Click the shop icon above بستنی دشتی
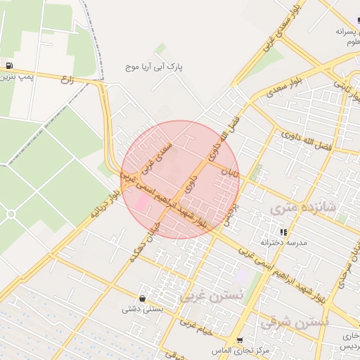(143, 298)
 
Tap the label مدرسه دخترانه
(281, 243)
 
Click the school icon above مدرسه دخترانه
(283, 232)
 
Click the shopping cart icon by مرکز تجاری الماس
(240, 340)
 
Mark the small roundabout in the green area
(11, 214)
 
